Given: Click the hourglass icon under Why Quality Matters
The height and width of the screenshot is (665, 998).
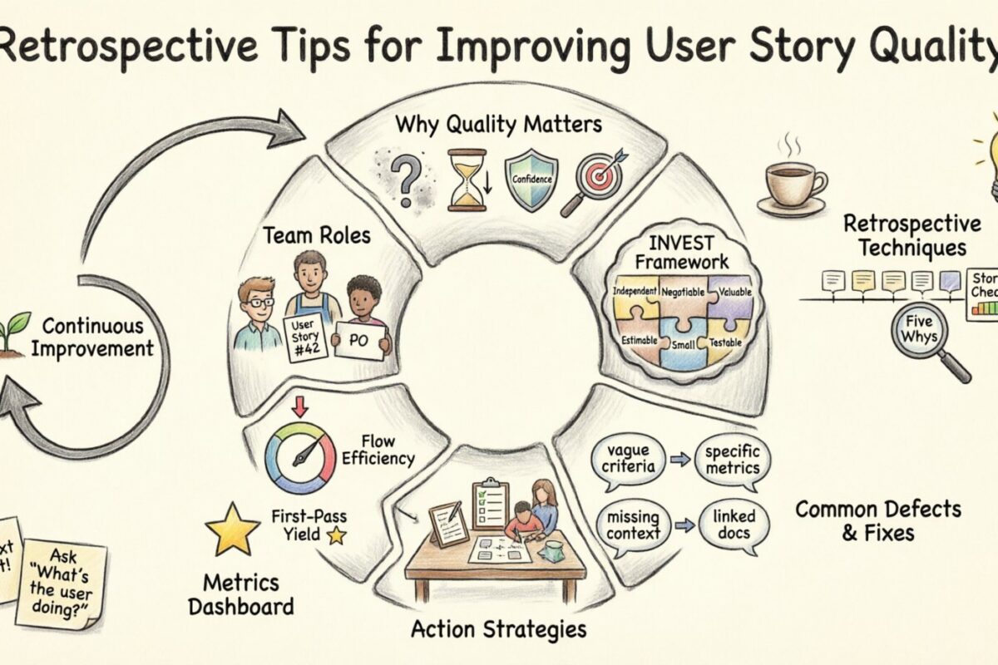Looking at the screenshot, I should point(467,180).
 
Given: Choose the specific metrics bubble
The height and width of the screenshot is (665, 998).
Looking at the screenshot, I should point(732,459).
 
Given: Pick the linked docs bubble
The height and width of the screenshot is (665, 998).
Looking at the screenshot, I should point(733,525).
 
